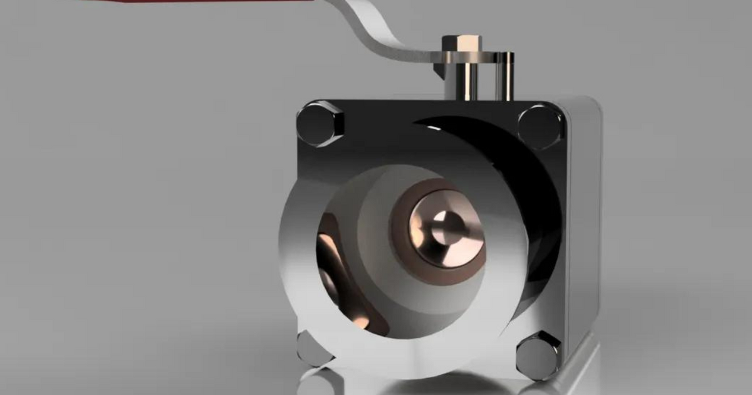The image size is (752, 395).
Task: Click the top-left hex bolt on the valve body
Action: pos(320,123)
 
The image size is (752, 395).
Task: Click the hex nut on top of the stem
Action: pos(462,44)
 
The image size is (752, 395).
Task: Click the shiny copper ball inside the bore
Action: pos(446,229)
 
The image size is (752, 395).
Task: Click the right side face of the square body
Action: pos(583,219)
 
